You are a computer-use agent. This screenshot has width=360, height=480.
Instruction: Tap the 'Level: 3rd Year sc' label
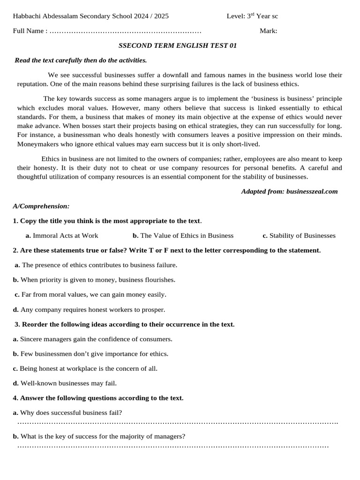pos(252,16)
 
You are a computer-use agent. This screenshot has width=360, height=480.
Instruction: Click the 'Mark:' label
pos(268,31)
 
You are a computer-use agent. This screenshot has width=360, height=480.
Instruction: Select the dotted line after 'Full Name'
pos(125,31)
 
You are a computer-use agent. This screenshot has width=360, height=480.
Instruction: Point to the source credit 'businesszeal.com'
pos(311,191)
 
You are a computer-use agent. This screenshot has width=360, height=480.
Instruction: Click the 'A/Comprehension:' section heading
pos(41,206)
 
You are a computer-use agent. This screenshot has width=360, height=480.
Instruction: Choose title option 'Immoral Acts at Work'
pos(65,235)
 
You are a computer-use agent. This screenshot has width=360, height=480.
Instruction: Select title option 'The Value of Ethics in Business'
pos(187,235)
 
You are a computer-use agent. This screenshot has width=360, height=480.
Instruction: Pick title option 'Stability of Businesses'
pos(302,235)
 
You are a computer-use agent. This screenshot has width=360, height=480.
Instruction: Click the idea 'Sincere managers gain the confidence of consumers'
pos(96,339)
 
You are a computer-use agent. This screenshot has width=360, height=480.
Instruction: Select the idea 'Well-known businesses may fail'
pos(68,383)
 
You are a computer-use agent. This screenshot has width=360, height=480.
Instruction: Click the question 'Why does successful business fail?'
pos(71,412)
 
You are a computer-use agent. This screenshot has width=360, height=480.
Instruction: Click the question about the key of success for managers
pos(103,436)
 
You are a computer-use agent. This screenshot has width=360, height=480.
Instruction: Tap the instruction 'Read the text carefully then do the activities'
pos(81,60)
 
